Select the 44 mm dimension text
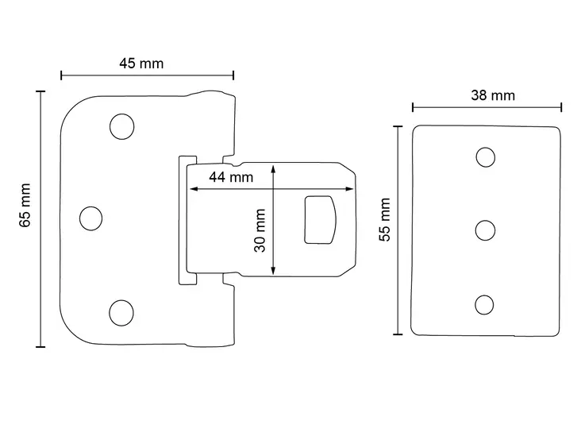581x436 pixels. click(x=231, y=177)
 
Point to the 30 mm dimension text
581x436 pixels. click(x=260, y=230)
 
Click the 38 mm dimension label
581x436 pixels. click(x=493, y=95)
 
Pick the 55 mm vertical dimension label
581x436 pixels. click(x=385, y=219)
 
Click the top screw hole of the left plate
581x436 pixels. click(x=121, y=125)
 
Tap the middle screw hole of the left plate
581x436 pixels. click(x=92, y=218)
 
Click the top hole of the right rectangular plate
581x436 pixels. click(x=485, y=156)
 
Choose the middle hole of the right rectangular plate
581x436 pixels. click(x=485, y=230)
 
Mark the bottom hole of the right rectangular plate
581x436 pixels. click(x=485, y=303)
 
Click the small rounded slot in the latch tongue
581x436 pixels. click(x=320, y=219)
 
